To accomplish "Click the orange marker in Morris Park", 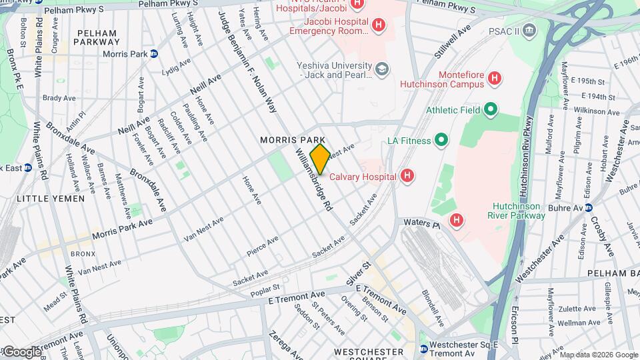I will (x=319, y=159).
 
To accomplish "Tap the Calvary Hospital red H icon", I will (x=408, y=177).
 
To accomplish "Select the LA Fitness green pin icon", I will (x=441, y=141).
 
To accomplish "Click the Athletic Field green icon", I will (x=491, y=109).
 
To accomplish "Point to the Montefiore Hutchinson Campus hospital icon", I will (x=494, y=79).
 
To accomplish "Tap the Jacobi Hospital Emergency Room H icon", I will (x=379, y=25).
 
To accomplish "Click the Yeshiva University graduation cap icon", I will (x=382, y=69).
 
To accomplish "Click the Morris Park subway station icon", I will (x=154, y=54).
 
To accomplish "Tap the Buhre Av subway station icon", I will (x=589, y=207).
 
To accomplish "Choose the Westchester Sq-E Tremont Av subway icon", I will (x=423, y=349).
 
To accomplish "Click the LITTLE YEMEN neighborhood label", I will (x=51, y=199).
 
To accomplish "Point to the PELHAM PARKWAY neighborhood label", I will (x=97, y=37).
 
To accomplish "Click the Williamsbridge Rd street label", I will (x=313, y=180).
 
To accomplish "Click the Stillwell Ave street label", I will (x=453, y=40).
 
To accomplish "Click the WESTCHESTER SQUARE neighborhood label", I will (x=369, y=351).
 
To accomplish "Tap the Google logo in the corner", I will (x=21, y=351).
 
